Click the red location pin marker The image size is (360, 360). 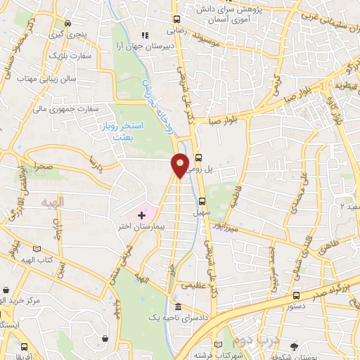[x=180, y=165]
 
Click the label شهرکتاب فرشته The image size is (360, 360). [x=233, y=354]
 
